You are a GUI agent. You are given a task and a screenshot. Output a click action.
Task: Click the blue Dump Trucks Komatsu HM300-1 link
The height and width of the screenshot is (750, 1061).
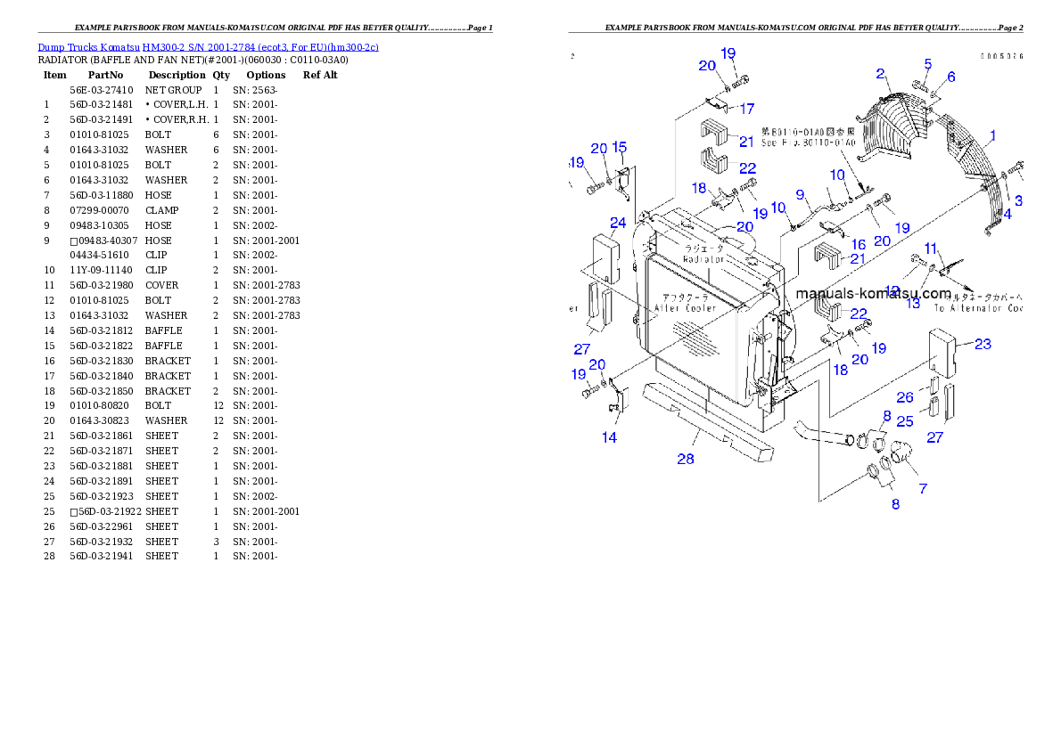coord(208,46)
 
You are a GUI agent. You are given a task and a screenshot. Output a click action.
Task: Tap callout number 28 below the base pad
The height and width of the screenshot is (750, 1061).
coord(685,459)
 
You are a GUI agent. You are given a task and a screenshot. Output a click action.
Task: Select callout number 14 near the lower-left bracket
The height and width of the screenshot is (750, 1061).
coord(609,437)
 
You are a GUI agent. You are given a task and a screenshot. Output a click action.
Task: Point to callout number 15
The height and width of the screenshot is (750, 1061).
coord(619,147)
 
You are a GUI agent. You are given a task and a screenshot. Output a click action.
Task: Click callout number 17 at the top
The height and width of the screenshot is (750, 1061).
coord(746,109)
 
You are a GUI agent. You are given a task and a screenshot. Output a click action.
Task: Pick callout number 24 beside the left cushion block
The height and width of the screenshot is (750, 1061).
coord(618,222)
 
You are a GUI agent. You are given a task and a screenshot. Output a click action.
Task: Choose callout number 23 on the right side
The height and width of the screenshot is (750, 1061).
coord(983,344)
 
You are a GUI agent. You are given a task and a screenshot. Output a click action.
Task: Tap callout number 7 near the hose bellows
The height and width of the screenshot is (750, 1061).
coord(922,488)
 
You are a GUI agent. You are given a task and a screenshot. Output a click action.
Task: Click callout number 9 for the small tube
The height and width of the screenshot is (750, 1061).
coord(800,194)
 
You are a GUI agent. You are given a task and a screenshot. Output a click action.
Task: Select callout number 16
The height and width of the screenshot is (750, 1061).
coord(858,244)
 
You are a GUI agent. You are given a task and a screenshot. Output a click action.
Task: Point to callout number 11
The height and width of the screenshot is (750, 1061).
coord(930,248)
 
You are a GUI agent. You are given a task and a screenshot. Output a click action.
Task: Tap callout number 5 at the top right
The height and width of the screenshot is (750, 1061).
coord(927,64)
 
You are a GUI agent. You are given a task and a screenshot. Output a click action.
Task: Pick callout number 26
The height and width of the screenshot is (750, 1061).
coord(905,398)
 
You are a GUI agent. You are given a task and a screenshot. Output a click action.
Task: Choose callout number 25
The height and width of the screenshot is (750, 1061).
coord(905,420)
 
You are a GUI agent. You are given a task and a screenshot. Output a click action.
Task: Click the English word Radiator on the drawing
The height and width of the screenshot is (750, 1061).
coord(703,259)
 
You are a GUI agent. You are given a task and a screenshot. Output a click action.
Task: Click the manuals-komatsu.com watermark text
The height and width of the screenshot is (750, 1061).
coord(872,293)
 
